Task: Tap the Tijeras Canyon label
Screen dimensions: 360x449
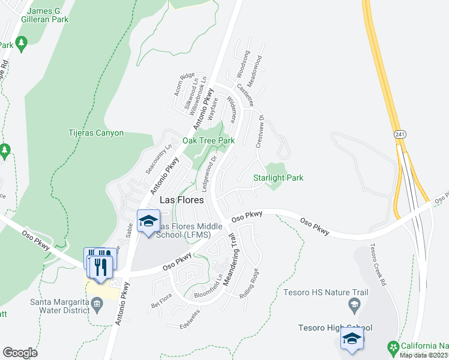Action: [95, 133]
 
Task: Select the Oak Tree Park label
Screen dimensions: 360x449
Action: [208, 140]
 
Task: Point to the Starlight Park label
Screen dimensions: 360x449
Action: [278, 178]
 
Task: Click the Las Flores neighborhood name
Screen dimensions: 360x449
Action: [181, 200]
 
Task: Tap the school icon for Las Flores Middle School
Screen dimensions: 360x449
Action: [148, 221]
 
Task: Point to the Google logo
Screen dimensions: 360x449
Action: [20, 352]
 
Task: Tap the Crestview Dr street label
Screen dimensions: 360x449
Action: [260, 131]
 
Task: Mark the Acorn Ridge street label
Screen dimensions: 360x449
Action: [185, 85]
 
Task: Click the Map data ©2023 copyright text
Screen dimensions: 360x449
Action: [423, 355]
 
